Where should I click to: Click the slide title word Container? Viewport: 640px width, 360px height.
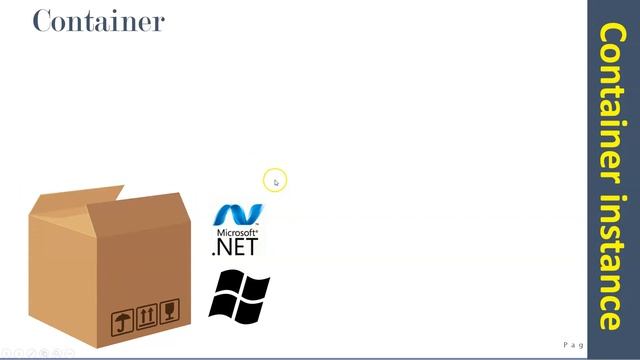tap(98, 20)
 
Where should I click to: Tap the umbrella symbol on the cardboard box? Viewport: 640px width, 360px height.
tap(122, 322)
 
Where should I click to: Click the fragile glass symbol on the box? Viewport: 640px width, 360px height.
tap(171, 312)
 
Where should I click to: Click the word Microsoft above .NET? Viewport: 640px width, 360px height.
tap(236, 232)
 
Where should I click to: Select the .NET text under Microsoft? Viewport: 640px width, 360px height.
tap(236, 246)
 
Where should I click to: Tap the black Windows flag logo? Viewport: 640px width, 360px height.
tap(239, 296)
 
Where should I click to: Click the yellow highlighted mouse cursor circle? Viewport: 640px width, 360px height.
tap(275, 181)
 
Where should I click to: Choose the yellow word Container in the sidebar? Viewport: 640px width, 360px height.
tap(611, 100)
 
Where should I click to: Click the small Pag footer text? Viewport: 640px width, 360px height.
tap(573, 345)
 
